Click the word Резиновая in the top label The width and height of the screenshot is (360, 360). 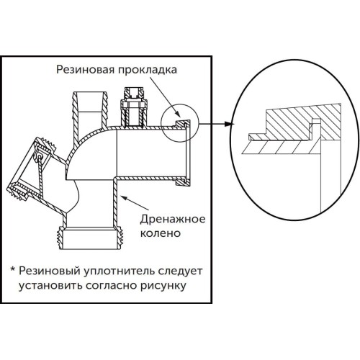pos(85,69)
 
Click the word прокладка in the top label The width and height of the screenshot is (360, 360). pos(148,70)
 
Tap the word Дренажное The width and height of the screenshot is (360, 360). pos(173,220)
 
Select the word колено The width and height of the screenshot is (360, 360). pos(161,233)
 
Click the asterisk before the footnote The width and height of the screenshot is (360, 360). pos(13,269)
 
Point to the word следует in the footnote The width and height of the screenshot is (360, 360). pos(181,271)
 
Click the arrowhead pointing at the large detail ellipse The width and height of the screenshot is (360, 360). pos(230,124)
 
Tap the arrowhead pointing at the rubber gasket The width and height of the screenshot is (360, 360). pos(177,114)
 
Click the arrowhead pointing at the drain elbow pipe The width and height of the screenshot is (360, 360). pos(125,198)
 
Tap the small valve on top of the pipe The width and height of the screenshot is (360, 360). pos(134,107)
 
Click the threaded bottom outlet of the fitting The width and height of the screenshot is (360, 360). pos(91,239)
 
